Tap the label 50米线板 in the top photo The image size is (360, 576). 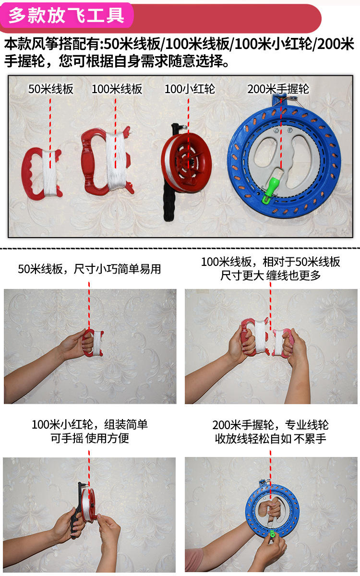pyautogui.click(x=51, y=89)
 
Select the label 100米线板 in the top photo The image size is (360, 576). pyautogui.click(x=117, y=89)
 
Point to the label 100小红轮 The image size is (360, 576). pyautogui.click(x=190, y=89)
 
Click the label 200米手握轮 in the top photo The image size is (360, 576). pyautogui.click(x=278, y=89)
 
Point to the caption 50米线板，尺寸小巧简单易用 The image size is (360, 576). pyautogui.click(x=89, y=269)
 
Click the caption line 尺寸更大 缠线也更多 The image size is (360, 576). pyautogui.click(x=271, y=276)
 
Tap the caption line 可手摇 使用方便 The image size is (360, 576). pyautogui.click(x=90, y=438)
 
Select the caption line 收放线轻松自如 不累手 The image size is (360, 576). pyautogui.click(x=271, y=439)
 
